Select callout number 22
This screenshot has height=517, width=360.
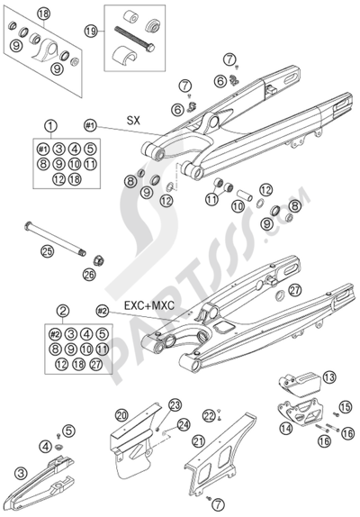coord(208,414)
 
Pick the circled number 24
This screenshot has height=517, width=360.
coord(183,424)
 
